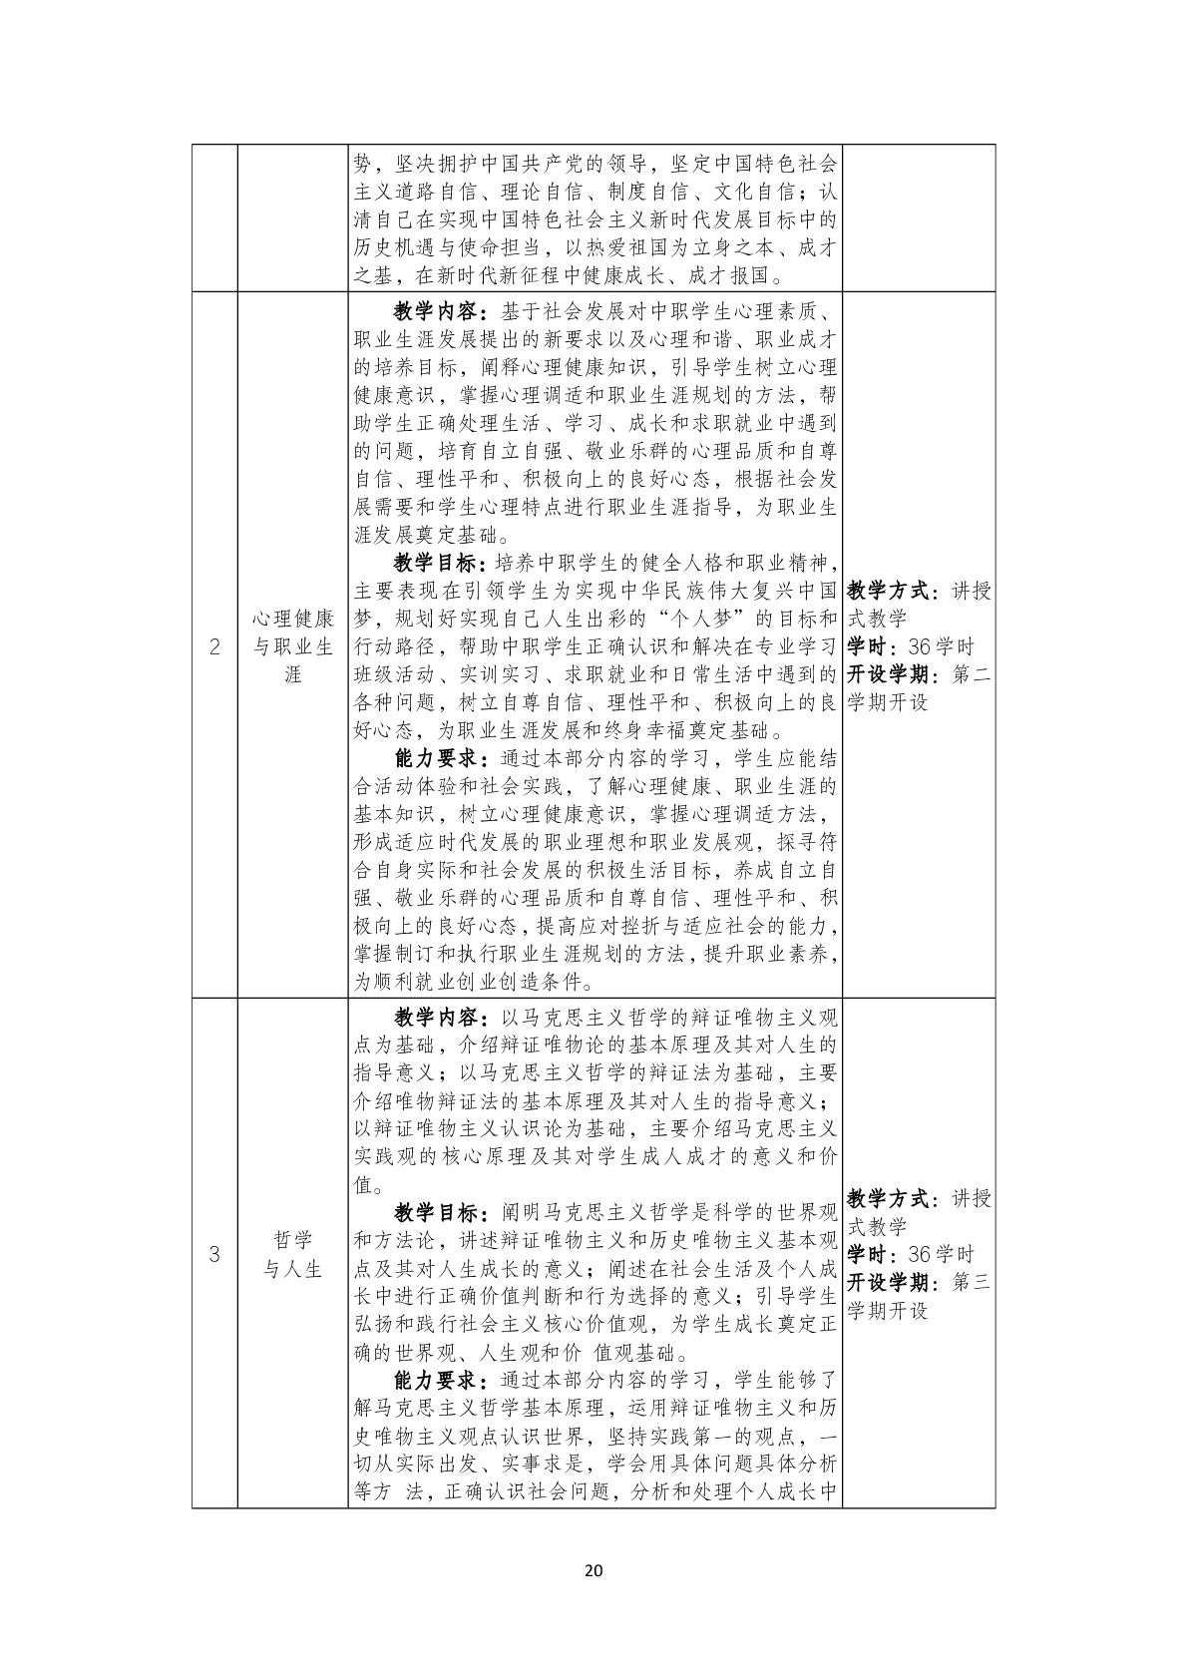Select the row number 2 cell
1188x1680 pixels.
pyautogui.click(x=214, y=646)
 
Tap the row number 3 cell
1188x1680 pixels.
pyautogui.click(x=214, y=1254)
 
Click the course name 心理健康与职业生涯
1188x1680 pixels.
pyautogui.click(x=292, y=646)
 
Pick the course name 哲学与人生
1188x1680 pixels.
pyautogui.click(x=292, y=1254)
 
